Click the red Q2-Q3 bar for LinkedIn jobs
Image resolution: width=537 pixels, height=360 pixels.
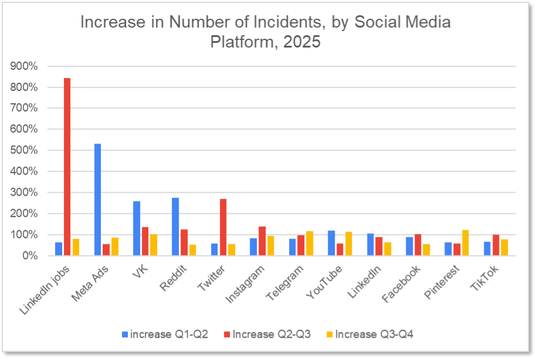coord(67,167)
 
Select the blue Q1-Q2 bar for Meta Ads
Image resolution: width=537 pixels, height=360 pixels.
coord(97,199)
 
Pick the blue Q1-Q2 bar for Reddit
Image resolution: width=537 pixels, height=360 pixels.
coord(175,226)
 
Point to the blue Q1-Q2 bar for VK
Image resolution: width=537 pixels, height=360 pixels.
coord(137,228)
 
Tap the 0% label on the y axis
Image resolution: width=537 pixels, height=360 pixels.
coord(30,256)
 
